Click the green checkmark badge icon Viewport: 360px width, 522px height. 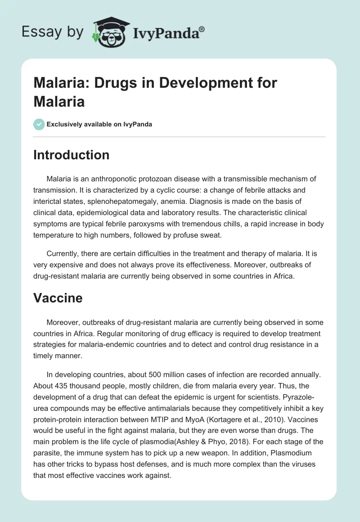click(39, 124)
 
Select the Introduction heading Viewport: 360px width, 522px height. click(71, 155)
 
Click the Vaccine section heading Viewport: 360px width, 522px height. click(58, 297)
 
